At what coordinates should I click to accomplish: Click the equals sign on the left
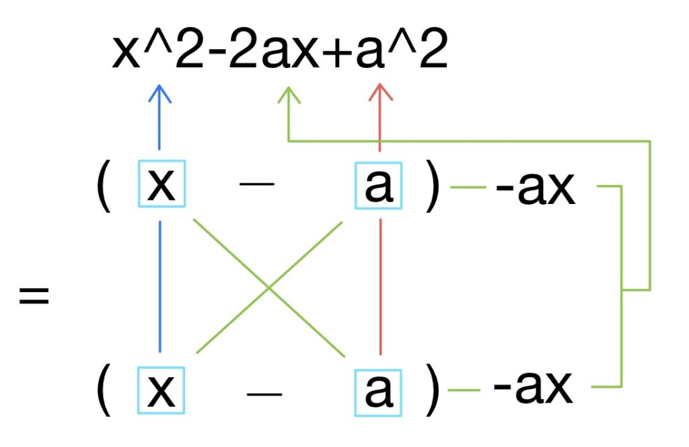click(34, 296)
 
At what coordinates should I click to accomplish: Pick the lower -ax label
click(534, 388)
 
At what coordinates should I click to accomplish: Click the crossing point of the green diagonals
click(268, 288)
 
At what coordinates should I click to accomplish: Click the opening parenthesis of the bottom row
click(104, 390)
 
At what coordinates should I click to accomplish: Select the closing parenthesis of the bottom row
click(432, 390)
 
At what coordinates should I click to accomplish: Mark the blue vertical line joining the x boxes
click(160, 286)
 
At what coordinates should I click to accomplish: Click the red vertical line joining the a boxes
click(381, 286)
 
